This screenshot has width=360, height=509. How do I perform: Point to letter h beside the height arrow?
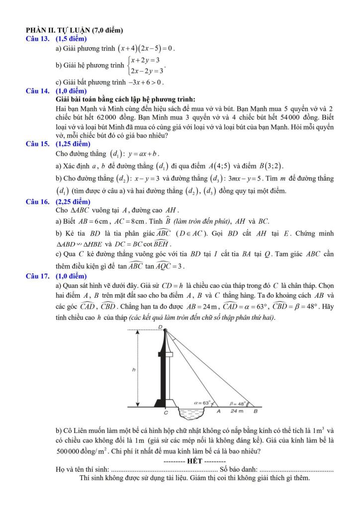(x=134, y=370)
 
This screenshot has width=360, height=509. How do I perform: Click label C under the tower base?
(x=166, y=413)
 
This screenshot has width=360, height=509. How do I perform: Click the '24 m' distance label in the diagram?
(x=237, y=411)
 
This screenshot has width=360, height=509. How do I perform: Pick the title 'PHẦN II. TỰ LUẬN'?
(x=75, y=31)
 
